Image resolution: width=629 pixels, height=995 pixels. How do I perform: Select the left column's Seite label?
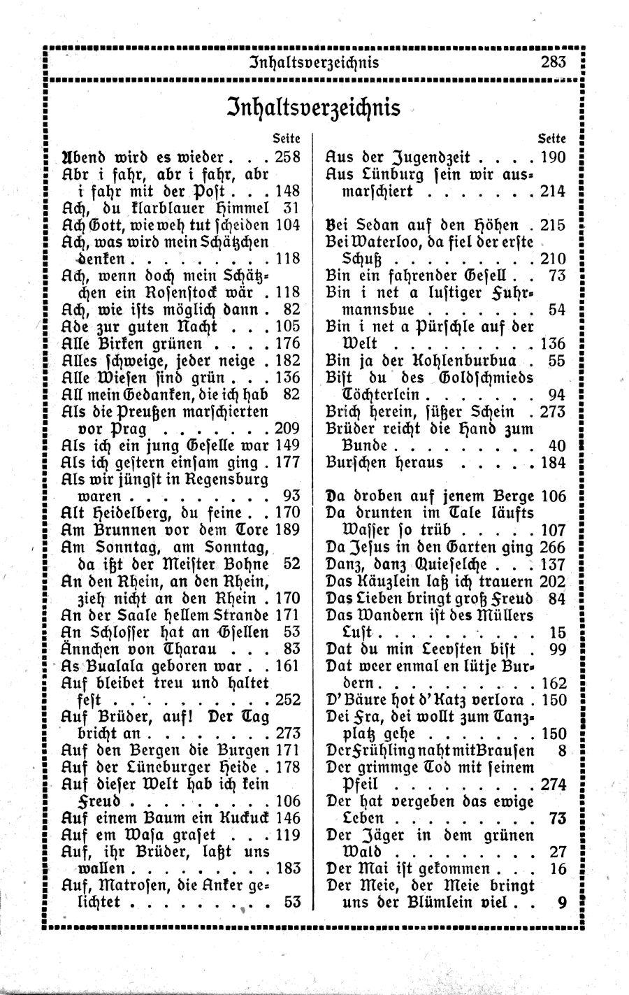[x=287, y=138]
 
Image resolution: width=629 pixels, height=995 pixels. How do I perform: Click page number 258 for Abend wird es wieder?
[x=288, y=157]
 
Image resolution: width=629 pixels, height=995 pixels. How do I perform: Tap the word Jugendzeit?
[x=432, y=157]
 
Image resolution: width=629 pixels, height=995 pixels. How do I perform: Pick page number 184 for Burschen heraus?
[x=553, y=463]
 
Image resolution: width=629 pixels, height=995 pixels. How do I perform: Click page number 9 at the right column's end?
[x=561, y=902]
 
